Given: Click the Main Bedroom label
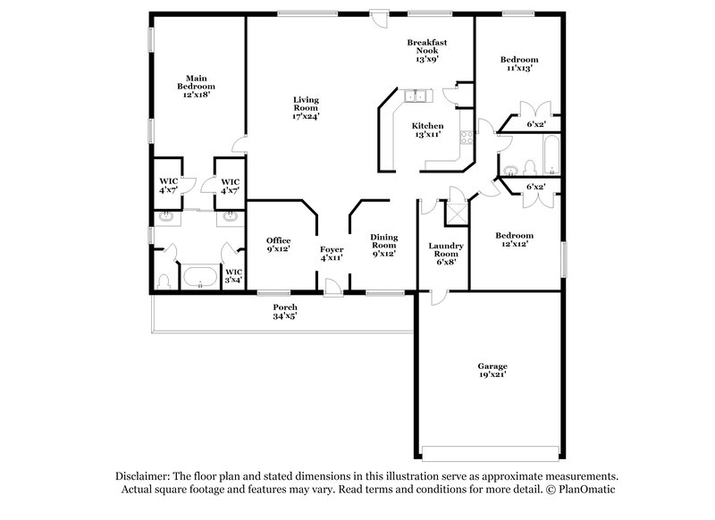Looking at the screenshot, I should [x=197, y=85].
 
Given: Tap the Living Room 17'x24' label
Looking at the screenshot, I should [x=306, y=107].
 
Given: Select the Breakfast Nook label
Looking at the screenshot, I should [x=426, y=51].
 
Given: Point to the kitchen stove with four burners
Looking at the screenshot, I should [x=466, y=137].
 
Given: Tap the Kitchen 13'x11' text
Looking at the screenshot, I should [x=427, y=131].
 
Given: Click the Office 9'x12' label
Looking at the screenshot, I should [x=279, y=245].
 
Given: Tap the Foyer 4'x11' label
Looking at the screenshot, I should [x=331, y=254].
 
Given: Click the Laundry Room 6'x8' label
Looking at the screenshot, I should [x=444, y=255].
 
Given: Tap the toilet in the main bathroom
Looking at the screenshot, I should [x=164, y=281].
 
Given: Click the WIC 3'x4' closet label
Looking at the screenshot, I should [x=232, y=276].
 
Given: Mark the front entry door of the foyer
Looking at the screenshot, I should [x=332, y=287].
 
